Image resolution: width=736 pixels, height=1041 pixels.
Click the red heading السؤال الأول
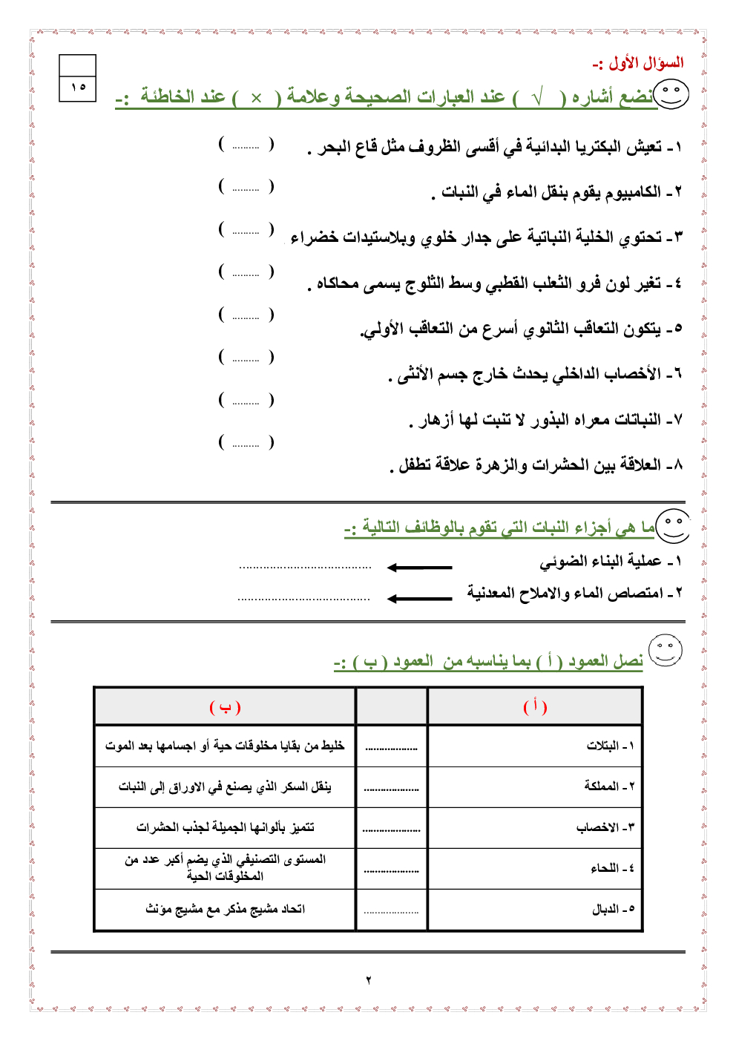click(638, 63)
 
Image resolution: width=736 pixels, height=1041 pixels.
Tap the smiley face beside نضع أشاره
click(671, 95)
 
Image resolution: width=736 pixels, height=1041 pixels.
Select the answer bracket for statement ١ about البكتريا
click(246, 144)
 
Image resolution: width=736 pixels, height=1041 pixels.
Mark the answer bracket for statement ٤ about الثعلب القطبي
click(246, 272)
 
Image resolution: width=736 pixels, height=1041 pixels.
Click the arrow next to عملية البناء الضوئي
click(419, 568)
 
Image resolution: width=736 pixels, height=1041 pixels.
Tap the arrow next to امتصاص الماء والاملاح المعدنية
click(419, 598)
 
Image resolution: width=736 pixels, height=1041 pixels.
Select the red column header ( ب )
click(225, 707)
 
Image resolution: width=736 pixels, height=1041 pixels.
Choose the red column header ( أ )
click(535, 706)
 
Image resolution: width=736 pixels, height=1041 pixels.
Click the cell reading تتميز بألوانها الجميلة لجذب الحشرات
click(225, 827)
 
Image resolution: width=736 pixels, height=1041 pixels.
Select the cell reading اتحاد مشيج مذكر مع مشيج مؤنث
click(225, 909)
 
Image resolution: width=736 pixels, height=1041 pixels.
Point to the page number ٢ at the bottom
click(368, 980)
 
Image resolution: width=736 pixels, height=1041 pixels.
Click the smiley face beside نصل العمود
click(666, 650)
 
